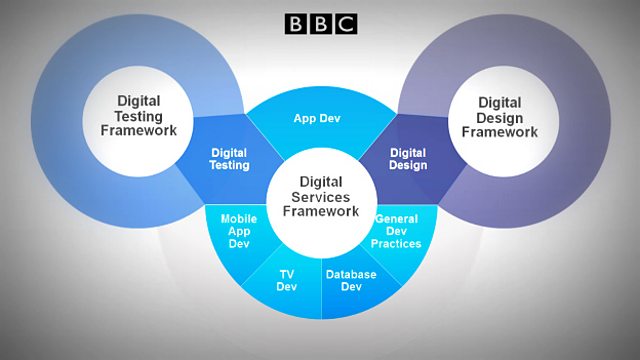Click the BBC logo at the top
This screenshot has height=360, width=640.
(320, 23)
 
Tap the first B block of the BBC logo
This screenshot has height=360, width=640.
(296, 23)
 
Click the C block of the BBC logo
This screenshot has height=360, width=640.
(345, 23)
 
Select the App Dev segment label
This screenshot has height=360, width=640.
(319, 118)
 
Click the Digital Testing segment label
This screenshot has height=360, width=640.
(230, 159)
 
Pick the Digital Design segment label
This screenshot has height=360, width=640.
(408, 159)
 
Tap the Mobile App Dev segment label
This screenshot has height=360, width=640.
(239, 229)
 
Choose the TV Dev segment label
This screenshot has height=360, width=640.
(287, 280)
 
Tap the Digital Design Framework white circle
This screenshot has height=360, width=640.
(499, 118)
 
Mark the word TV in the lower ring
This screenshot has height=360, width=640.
(287, 273)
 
